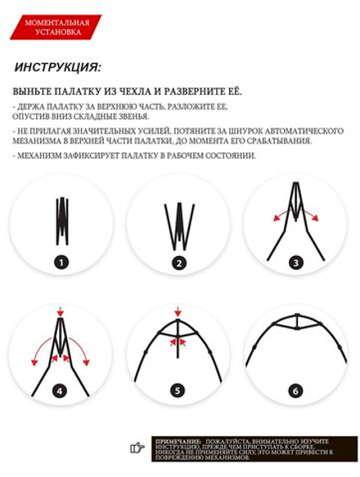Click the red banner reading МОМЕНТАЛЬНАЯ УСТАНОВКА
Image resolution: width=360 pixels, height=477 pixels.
[x=56, y=27]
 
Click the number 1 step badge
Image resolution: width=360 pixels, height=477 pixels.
[x=62, y=263]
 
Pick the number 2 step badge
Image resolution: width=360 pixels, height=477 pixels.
[x=179, y=263]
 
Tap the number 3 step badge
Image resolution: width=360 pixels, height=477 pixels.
[x=296, y=263]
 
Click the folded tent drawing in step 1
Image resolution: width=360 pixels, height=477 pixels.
[x=62, y=220]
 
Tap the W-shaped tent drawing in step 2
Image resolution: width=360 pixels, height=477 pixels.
[x=179, y=225]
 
